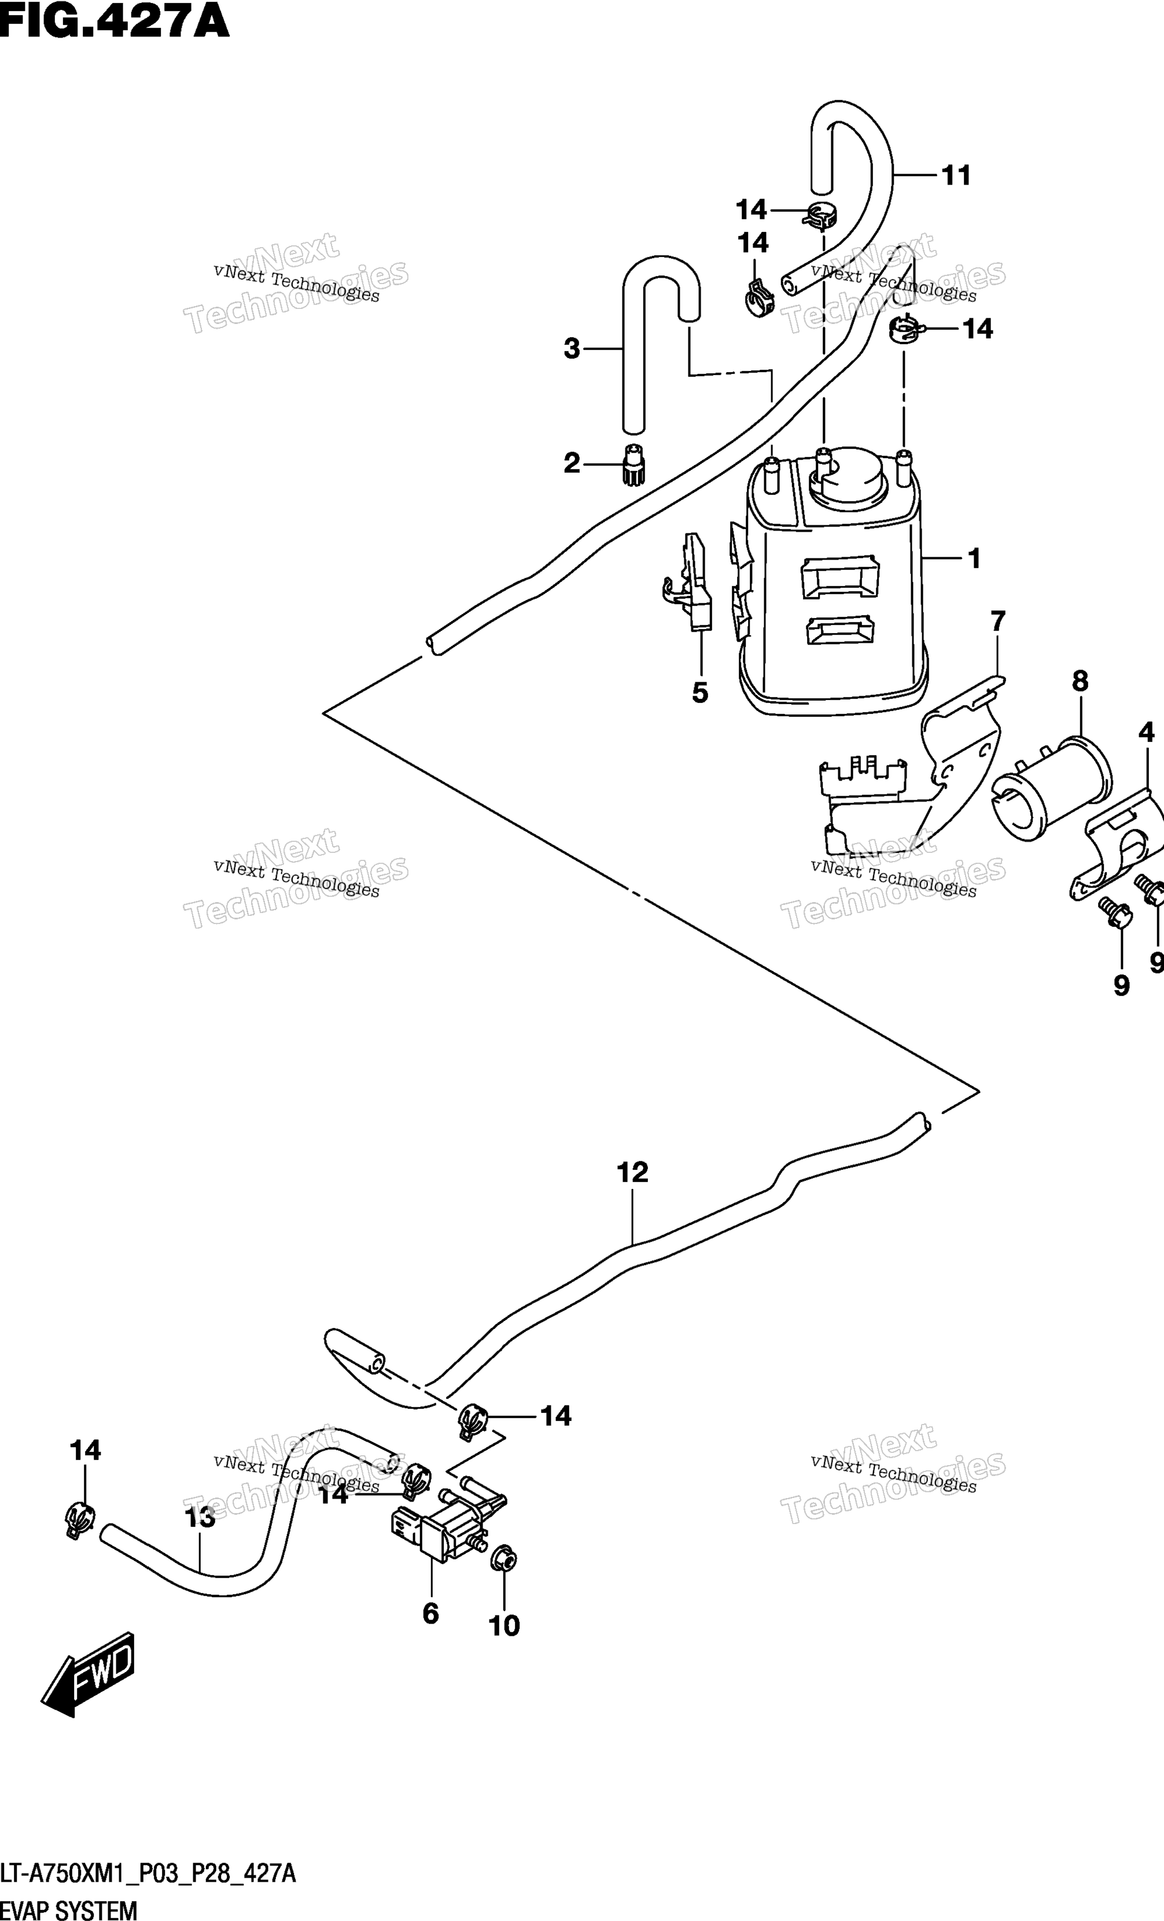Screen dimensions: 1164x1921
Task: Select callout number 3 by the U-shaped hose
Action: (x=572, y=348)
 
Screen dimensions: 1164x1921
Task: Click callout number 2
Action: (x=572, y=464)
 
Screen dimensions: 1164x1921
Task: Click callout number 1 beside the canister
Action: (x=974, y=558)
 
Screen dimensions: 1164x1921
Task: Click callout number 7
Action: (x=998, y=621)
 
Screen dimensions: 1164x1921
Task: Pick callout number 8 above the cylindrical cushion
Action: (x=1080, y=680)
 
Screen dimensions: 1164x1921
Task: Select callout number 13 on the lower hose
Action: (x=200, y=1517)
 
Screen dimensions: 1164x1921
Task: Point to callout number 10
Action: (x=504, y=1625)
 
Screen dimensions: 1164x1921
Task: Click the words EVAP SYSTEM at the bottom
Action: (x=69, y=1910)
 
